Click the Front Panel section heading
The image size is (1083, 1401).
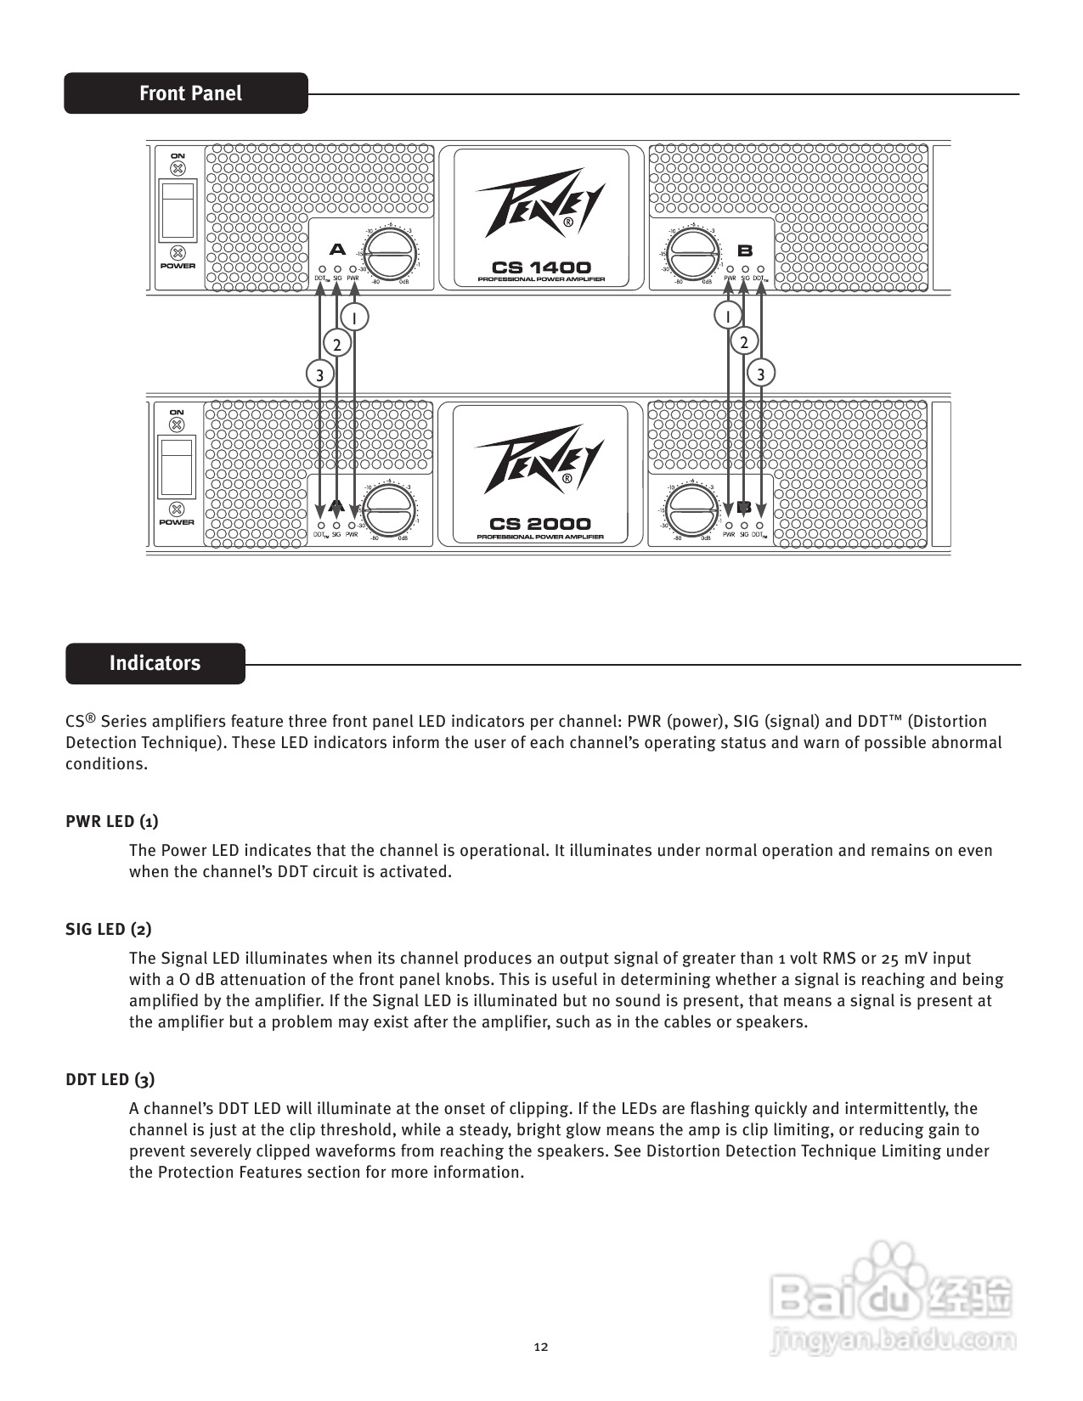190,93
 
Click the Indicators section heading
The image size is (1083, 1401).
155,663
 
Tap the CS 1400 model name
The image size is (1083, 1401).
541,267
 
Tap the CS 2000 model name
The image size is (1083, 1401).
540,524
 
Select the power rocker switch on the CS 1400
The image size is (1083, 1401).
178,208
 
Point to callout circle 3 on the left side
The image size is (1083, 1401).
319,374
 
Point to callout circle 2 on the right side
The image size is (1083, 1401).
744,342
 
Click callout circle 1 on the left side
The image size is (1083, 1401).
354,317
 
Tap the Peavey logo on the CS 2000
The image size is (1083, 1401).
540,463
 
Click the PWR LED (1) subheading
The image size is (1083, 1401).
112,821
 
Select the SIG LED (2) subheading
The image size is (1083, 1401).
109,929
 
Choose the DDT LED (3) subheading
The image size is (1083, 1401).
110,1079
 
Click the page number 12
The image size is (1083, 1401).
541,1347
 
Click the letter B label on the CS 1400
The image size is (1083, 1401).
745,250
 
